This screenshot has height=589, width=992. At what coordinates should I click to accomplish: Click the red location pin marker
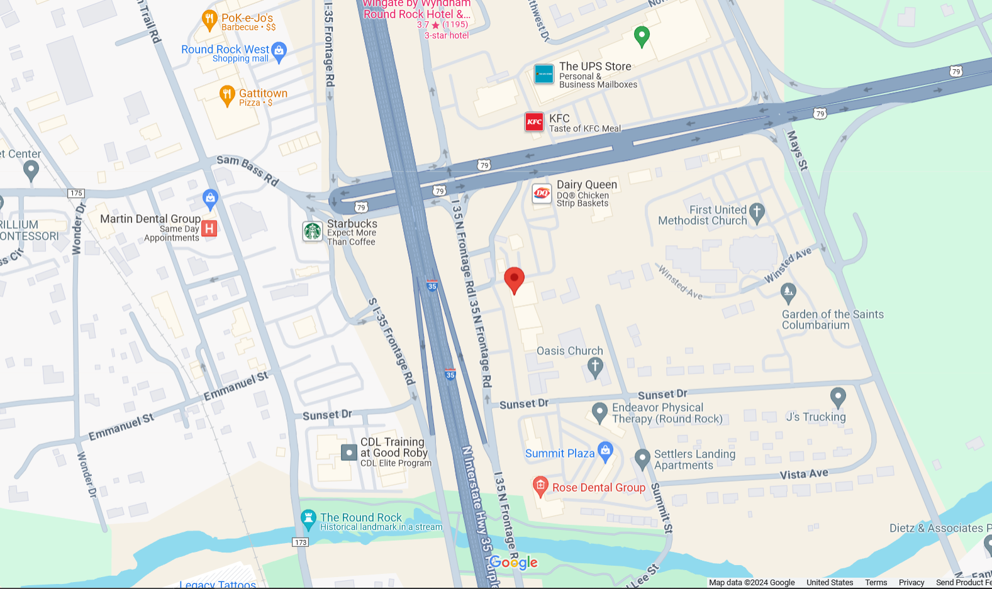[514, 278]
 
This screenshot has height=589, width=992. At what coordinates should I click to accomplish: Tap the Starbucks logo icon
[313, 231]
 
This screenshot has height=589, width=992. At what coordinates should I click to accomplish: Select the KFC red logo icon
[534, 122]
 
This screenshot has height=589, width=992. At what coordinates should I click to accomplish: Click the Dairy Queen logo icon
[542, 194]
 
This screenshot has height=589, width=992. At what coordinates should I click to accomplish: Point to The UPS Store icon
[544, 74]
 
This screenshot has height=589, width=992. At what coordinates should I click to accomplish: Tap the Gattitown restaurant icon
[227, 96]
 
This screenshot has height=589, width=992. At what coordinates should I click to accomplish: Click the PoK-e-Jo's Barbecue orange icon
[209, 20]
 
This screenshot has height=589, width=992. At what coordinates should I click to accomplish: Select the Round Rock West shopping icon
[279, 51]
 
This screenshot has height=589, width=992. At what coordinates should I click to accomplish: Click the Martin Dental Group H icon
[209, 228]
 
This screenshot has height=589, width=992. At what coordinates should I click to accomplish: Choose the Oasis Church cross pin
[595, 366]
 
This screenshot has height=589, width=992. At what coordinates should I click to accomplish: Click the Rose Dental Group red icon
[540, 485]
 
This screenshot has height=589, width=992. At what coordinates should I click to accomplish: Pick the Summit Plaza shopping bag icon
[605, 450]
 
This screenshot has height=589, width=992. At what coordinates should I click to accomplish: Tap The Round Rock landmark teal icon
[308, 519]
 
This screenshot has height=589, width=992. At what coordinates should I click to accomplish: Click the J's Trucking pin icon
[838, 397]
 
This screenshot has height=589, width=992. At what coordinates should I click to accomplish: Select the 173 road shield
[301, 542]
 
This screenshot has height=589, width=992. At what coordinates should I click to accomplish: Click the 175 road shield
[76, 193]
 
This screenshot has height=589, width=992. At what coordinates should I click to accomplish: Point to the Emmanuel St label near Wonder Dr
[121, 427]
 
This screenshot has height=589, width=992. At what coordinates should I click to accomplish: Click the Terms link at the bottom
[876, 583]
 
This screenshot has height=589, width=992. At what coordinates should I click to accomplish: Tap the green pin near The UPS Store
[642, 36]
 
